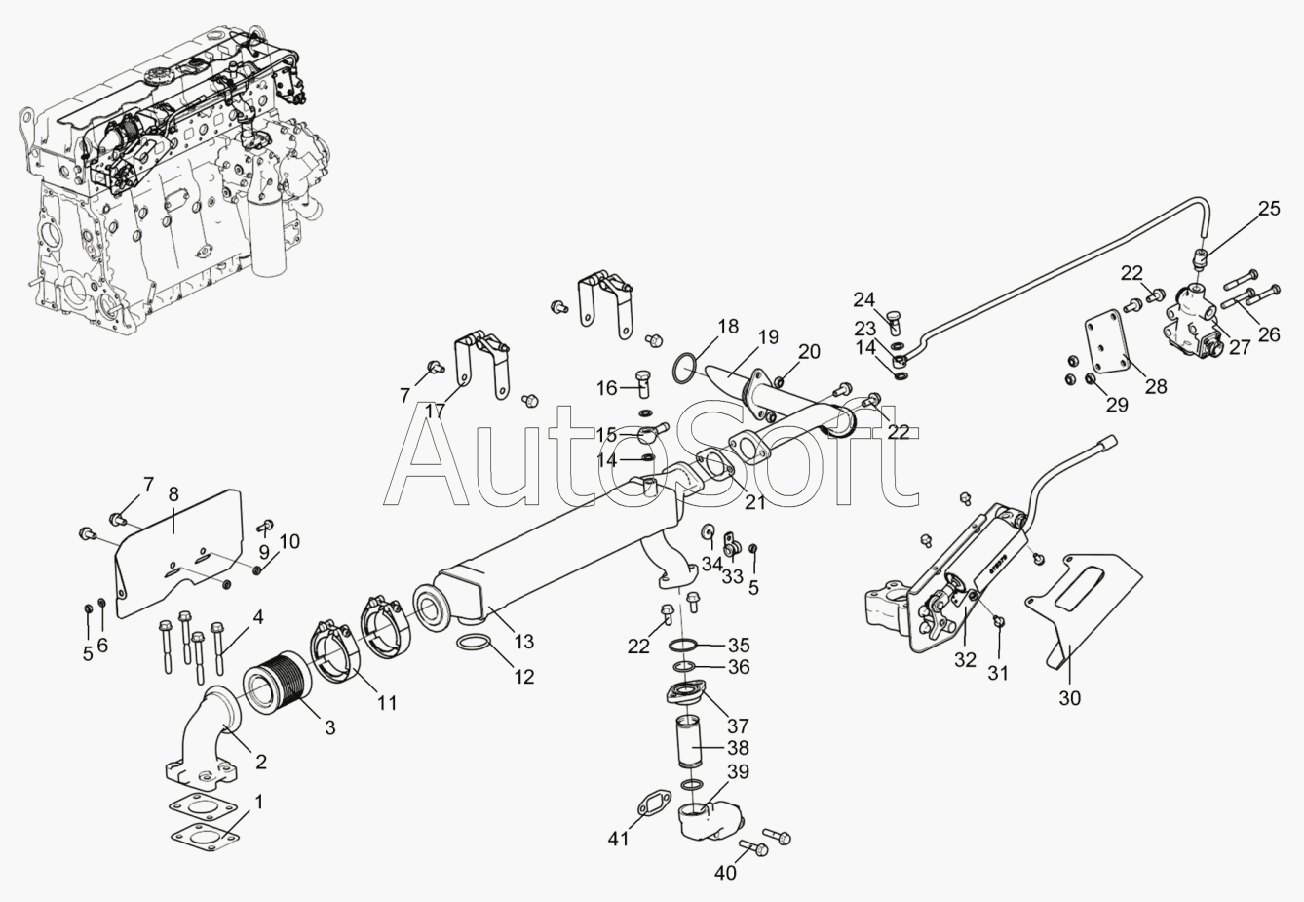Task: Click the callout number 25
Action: coord(1269,209)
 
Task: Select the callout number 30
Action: coord(1069,698)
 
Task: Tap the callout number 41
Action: coord(619,840)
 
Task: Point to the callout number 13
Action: coord(524,642)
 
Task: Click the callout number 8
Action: coord(173,493)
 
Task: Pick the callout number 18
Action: coord(728,326)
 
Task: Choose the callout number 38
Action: coord(738,748)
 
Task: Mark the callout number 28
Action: coord(1156,386)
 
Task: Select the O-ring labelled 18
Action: coord(685,370)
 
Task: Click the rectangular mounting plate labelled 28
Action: coord(1107,345)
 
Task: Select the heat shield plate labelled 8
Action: coord(178,553)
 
